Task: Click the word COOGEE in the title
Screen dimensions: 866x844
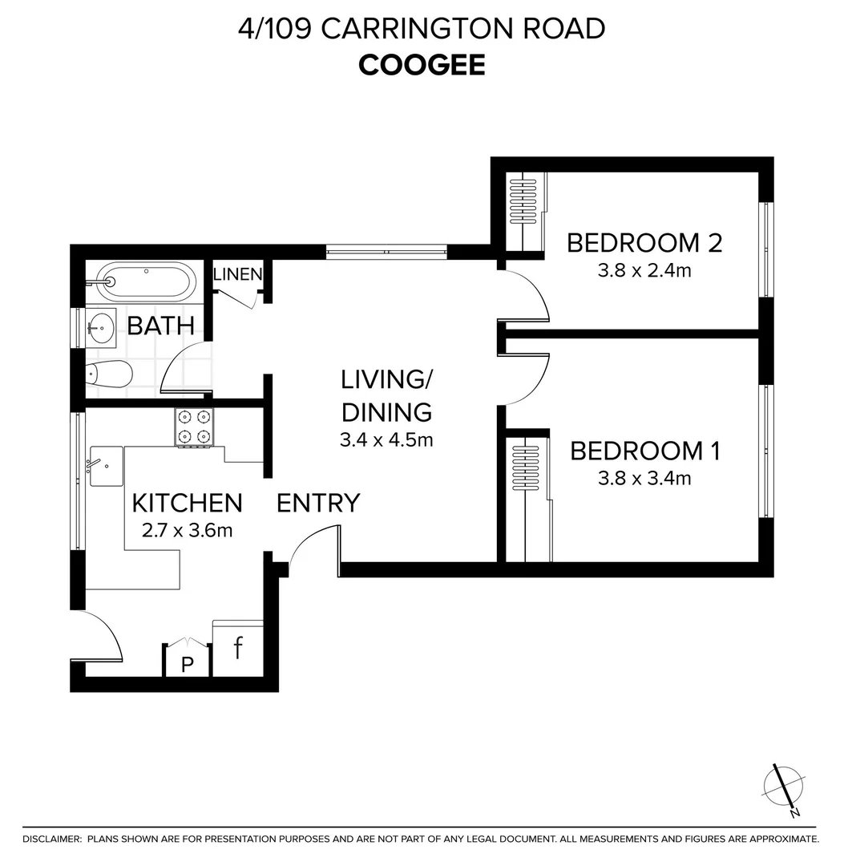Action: click(422, 65)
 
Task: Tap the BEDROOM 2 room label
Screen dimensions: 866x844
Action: click(644, 242)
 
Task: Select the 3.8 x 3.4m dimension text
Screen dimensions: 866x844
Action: click(644, 479)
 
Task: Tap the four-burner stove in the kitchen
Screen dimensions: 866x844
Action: click(195, 427)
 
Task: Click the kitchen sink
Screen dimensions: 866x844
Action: click(105, 466)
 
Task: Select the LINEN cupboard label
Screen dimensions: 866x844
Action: click(237, 274)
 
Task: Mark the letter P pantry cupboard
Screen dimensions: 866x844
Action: click(188, 663)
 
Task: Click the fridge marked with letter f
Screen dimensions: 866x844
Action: click(238, 648)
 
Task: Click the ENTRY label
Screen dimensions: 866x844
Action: click(318, 503)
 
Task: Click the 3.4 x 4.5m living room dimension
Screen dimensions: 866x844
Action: click(386, 439)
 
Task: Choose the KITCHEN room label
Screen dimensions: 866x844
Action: click(187, 503)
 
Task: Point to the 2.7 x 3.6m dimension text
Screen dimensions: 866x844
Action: click(186, 530)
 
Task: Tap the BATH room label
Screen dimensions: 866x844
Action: click(161, 326)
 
